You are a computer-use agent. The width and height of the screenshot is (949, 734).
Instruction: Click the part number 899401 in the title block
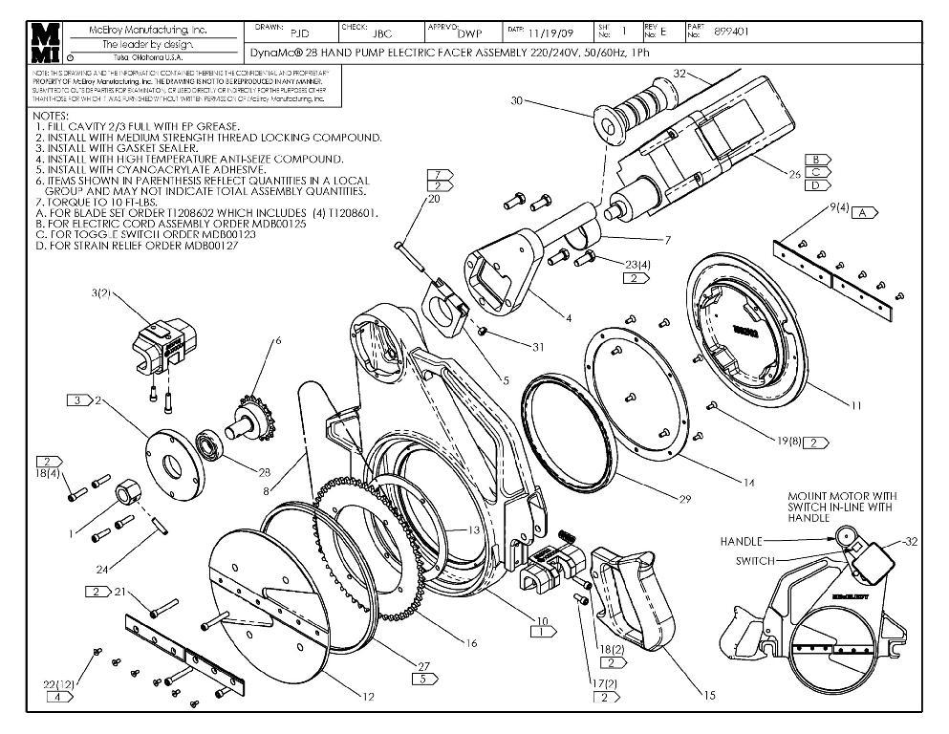pos(732,31)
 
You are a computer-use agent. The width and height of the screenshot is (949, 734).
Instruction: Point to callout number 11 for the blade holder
pos(855,405)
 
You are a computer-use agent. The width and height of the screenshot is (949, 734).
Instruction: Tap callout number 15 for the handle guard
pos(708,696)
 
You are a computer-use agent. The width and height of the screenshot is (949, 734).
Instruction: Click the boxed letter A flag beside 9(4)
pos(865,211)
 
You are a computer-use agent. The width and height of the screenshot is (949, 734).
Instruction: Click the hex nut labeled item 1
pos(126,494)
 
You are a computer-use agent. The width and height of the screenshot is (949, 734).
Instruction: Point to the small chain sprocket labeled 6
pos(250,418)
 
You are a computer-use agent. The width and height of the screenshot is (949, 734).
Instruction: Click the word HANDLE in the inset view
pos(741,541)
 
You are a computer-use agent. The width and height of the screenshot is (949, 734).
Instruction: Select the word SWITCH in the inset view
pos(754,560)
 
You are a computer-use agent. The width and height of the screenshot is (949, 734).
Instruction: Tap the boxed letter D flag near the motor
pos(816,185)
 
